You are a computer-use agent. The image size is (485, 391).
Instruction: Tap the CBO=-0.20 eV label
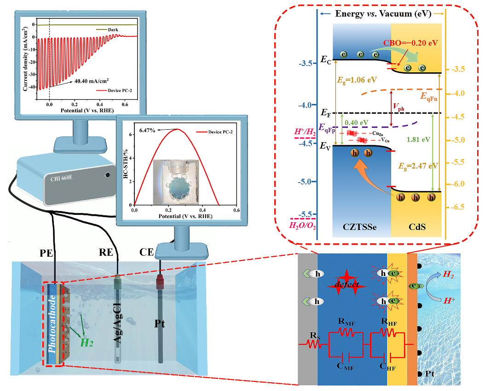pos(410,43)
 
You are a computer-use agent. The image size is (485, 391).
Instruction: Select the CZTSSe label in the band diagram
pos(361,227)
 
